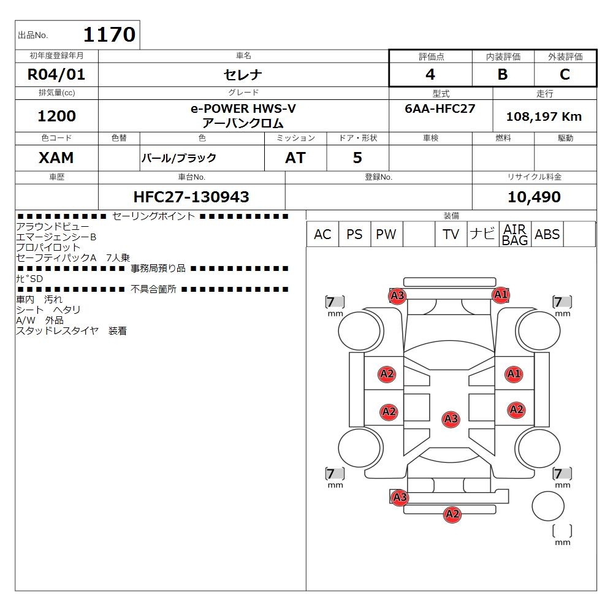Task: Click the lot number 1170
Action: point(109,35)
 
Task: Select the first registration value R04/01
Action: point(56,75)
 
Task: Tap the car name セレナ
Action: point(243,75)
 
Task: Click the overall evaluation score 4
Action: point(430,75)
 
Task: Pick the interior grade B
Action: point(503,75)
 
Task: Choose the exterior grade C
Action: point(565,75)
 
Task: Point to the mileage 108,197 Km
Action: point(544,116)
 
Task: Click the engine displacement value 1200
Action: point(56,116)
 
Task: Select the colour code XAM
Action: point(56,158)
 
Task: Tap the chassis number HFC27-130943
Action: point(191,197)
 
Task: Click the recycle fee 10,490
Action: point(534,197)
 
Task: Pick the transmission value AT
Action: point(295,158)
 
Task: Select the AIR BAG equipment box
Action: point(515,234)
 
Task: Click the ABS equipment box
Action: point(547,234)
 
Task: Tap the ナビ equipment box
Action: point(482,234)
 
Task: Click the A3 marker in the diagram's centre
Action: point(451,419)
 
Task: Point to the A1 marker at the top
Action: point(501,295)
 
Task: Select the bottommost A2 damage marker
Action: point(452,514)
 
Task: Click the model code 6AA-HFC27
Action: point(440,108)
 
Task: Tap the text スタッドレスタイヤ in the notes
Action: point(57,331)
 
